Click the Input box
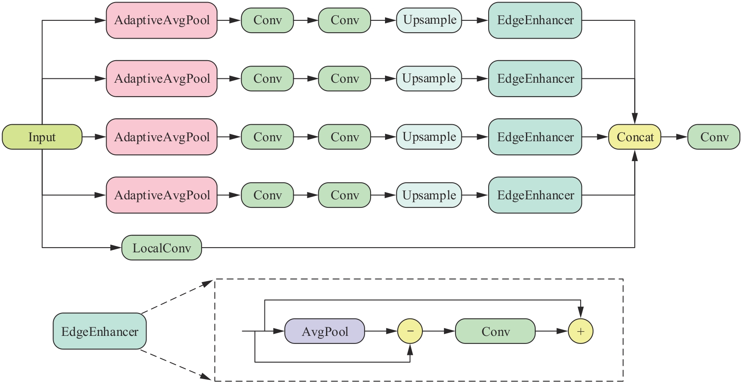coord(42,137)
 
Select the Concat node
coord(635,137)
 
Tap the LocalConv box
coord(162,248)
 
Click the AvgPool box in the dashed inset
coord(325,331)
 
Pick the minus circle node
coord(410,331)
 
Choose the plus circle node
coord(581,331)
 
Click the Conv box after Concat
coord(714,137)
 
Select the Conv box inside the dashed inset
coord(495,331)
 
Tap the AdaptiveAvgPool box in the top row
coord(162,20)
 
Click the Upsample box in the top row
coord(429,20)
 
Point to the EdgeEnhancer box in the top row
coord(535,20)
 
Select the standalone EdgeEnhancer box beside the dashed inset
coord(100,331)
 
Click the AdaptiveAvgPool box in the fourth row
coord(162,195)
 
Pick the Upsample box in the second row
coord(429,78)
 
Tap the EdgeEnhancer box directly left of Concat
coord(535,137)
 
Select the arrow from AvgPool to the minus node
coord(381,331)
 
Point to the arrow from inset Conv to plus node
coord(551,331)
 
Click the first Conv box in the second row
coord(267,78)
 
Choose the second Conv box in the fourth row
coord(345,195)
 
